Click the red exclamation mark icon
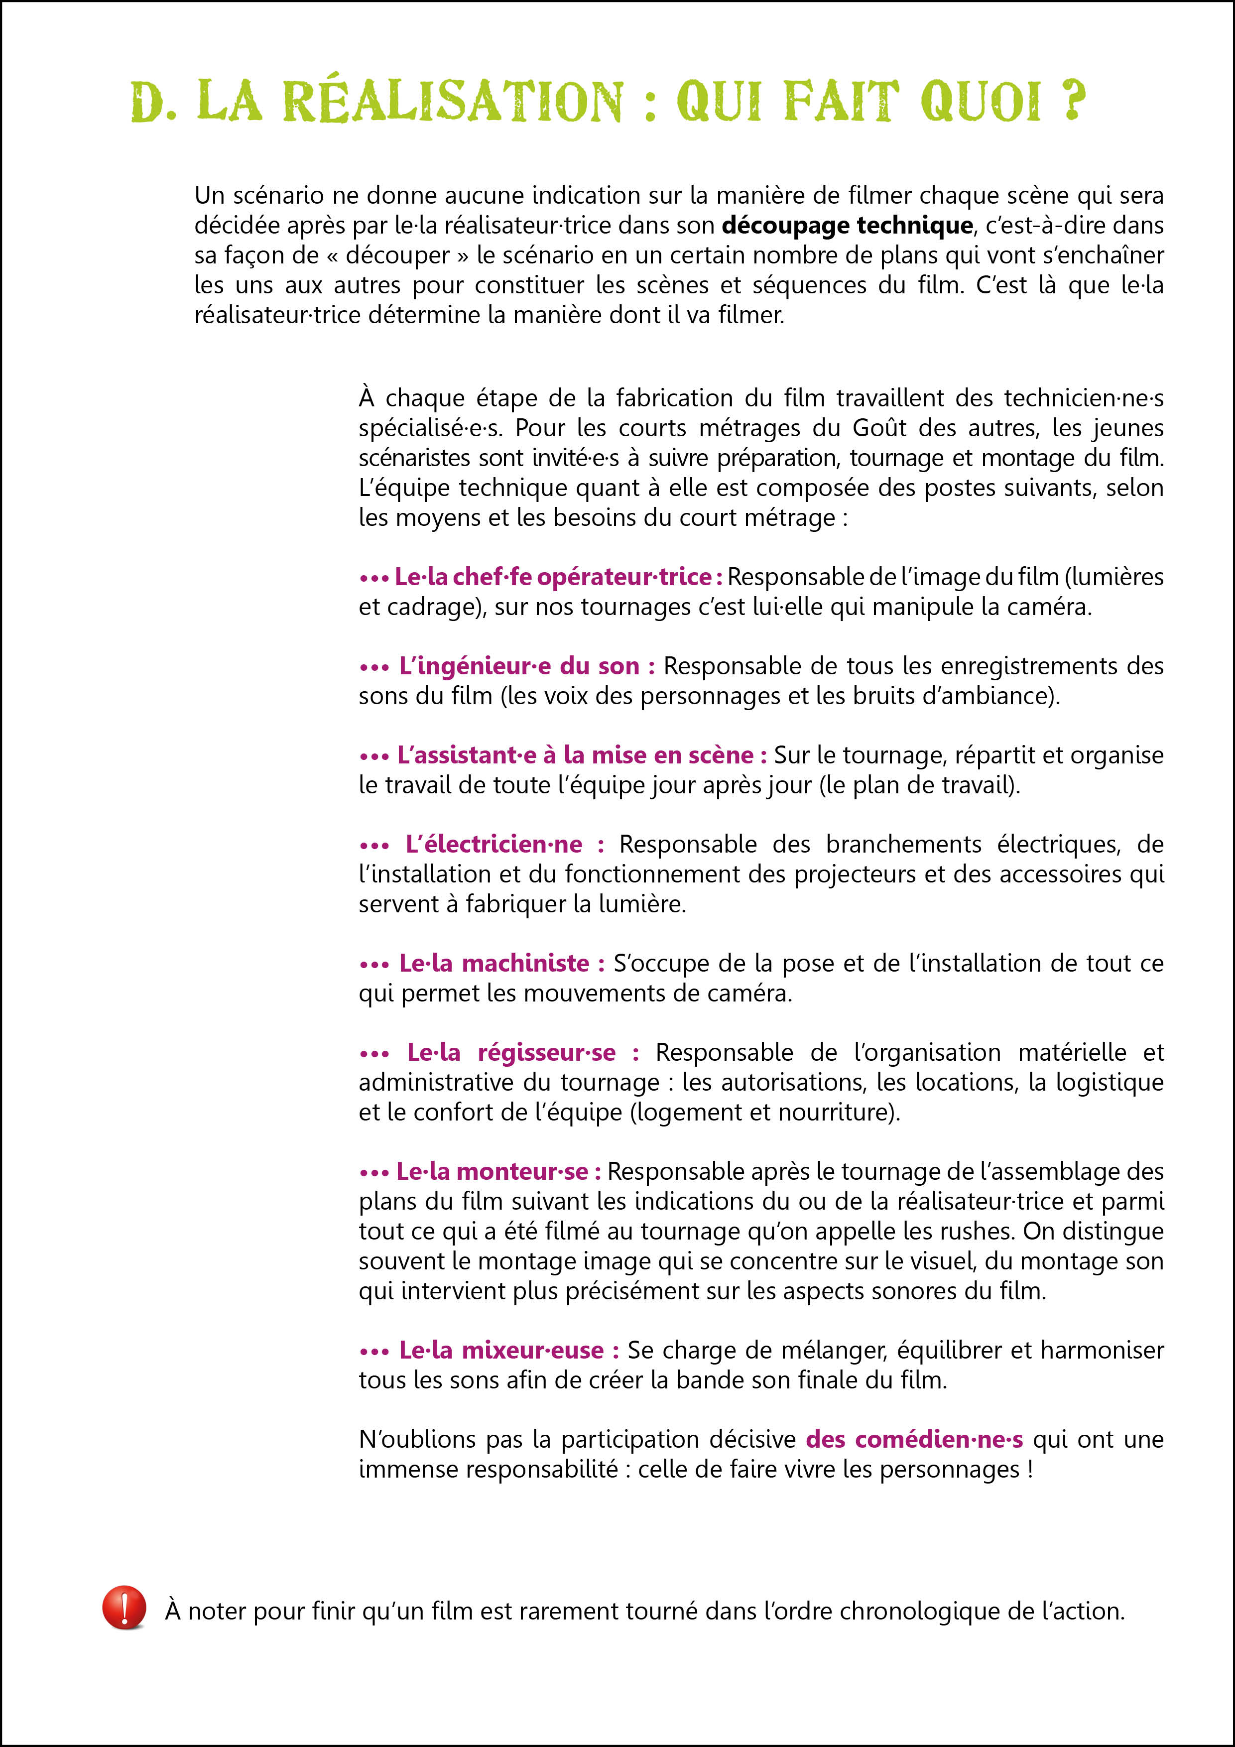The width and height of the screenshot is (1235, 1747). click(x=124, y=1607)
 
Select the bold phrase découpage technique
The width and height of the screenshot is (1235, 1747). click(x=847, y=225)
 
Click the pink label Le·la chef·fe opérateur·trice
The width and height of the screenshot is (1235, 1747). click(x=553, y=578)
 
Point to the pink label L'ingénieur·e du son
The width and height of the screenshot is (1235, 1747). click(x=519, y=666)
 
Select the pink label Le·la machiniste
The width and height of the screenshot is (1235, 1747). click(x=494, y=964)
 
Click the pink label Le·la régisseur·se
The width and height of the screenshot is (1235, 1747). click(x=511, y=1053)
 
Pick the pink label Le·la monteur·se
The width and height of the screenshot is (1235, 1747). click(x=492, y=1172)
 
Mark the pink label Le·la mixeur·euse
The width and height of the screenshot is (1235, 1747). click(x=501, y=1351)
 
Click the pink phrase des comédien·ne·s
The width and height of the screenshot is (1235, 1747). click(x=914, y=1440)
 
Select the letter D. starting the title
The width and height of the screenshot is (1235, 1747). click(x=154, y=103)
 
